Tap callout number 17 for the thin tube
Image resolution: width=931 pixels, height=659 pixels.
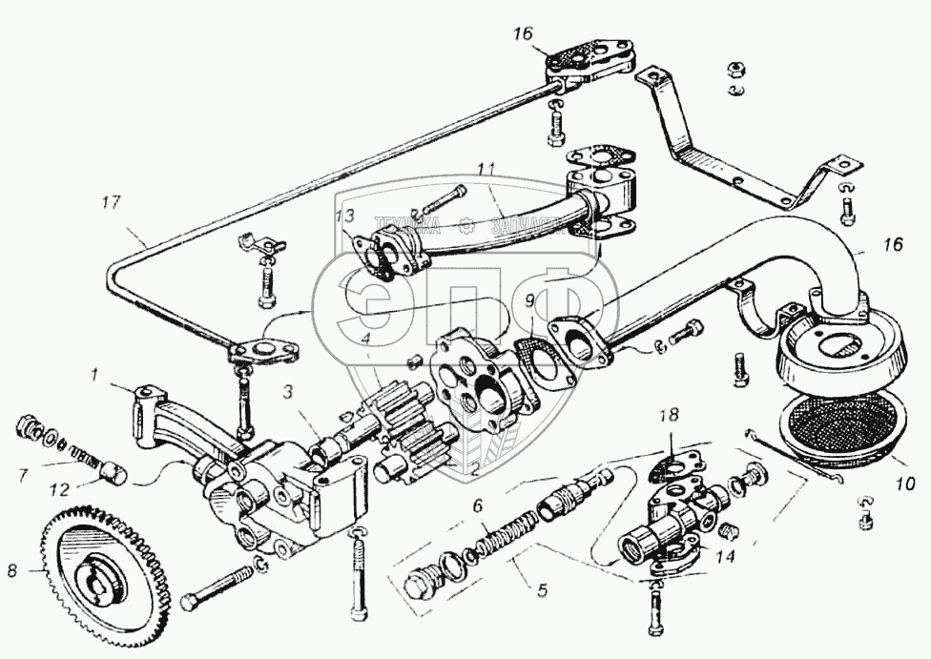pos(112,203)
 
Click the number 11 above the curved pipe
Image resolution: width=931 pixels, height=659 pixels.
pos(486,169)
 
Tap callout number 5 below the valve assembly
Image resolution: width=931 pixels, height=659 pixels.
pos(542,589)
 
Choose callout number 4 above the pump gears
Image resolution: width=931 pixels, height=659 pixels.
pos(367,337)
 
